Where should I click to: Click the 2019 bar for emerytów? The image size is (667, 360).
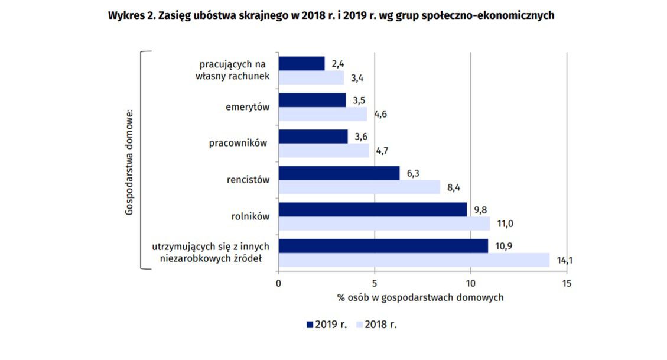tap(312, 100)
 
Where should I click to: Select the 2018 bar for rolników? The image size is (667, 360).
tap(384, 223)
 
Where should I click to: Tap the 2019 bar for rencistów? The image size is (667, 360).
tap(339, 173)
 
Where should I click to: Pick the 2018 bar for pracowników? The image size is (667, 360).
tap(323, 151)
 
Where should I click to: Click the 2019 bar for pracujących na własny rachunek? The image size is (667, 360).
tap(301, 63)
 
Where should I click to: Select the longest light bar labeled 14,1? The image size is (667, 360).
tap(414, 260)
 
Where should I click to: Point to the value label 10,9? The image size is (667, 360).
tap(503, 246)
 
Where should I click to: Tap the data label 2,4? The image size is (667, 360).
tap(338, 63)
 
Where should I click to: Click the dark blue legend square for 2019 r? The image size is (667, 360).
tap(310, 325)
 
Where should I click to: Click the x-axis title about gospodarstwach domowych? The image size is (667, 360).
tap(420, 297)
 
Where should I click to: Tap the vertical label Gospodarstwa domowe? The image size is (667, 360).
tap(129, 161)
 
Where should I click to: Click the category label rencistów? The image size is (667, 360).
tap(248, 180)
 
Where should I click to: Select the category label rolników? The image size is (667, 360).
tap(251, 216)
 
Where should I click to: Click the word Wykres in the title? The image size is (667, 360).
tap(126, 16)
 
